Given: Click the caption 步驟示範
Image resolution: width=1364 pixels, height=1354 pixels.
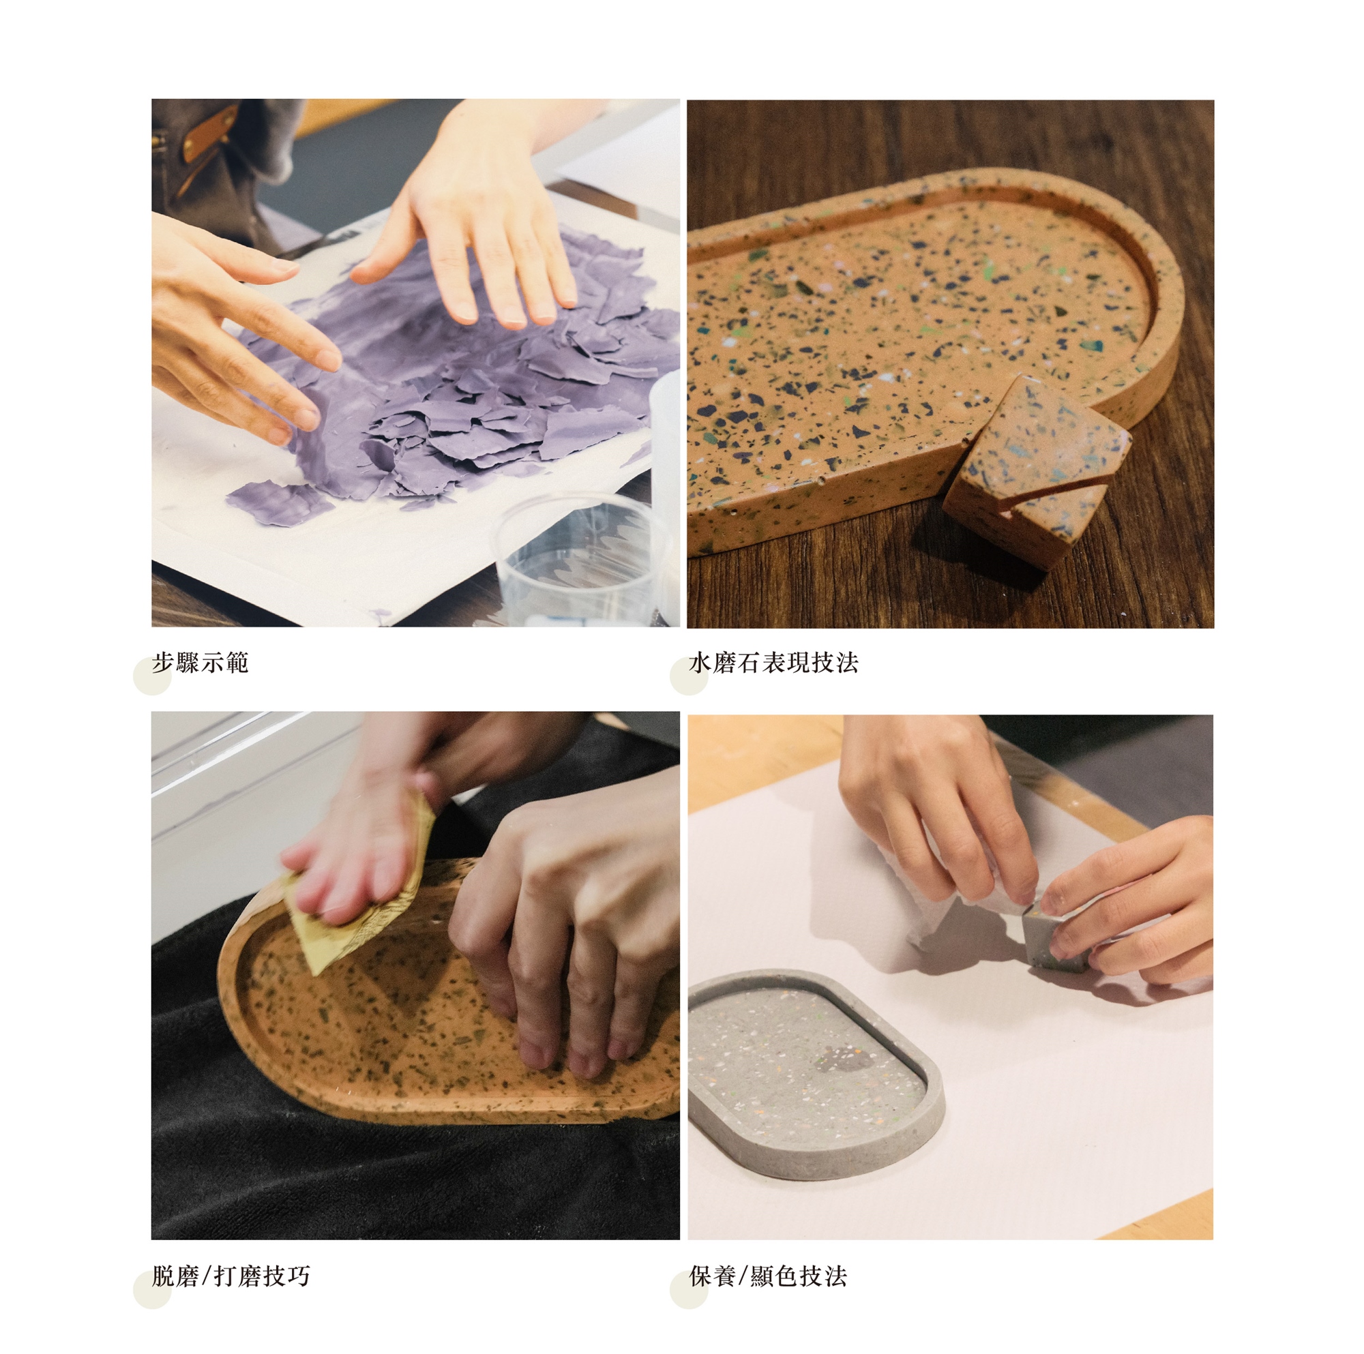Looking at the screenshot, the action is pos(200,663).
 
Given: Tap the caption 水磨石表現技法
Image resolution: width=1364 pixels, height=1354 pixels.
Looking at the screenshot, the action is pos(774,663).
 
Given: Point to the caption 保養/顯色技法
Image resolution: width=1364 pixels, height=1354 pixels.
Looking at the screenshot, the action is pos(768,1276).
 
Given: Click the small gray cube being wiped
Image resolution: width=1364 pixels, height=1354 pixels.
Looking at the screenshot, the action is pos(1055,937).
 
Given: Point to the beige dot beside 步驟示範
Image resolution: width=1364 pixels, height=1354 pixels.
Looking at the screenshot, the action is pos(153,676).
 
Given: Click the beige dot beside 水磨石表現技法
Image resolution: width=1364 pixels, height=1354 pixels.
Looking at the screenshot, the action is pos(689,676).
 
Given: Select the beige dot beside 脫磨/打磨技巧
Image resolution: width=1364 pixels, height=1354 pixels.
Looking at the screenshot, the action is pos(153,1289).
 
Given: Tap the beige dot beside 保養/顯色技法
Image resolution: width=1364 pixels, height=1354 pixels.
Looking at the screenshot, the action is pos(689,1289).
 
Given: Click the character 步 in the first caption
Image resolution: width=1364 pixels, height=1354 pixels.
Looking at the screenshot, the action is pos(163,663).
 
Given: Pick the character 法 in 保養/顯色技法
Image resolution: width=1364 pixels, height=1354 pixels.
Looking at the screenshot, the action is pos(836,1276).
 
